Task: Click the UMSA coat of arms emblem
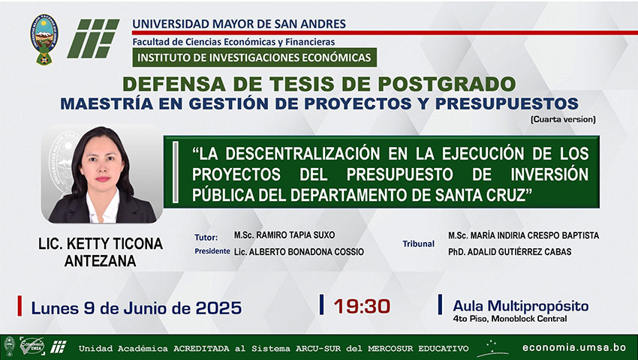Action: [44, 40]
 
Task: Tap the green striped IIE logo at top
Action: [93, 38]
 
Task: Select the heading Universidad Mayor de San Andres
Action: [239, 23]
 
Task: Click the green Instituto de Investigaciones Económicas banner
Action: [254, 57]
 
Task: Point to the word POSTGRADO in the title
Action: [447, 84]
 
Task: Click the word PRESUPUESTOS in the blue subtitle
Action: [507, 103]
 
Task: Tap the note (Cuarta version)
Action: [563, 119]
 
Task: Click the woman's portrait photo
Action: [102, 174]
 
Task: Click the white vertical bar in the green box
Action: [176, 172]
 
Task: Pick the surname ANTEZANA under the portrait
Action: [100, 261]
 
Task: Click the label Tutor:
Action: [206, 238]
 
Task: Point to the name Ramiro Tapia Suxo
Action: [284, 235]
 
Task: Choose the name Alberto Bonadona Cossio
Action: [299, 252]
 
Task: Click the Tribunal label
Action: [418, 244]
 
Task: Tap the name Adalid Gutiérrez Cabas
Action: [510, 252]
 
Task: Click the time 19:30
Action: [362, 307]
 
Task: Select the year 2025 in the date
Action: [218, 308]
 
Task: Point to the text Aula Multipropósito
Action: [520, 306]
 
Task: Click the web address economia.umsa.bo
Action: [574, 348]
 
